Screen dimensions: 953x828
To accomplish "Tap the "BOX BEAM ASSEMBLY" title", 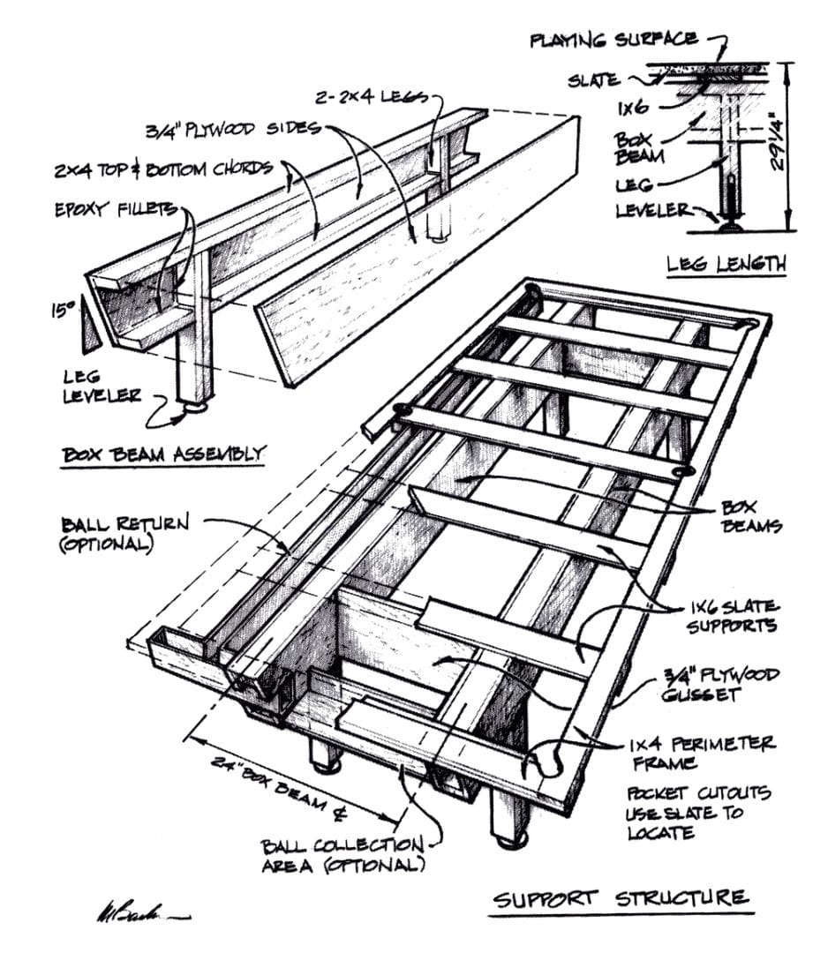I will [x=163, y=455].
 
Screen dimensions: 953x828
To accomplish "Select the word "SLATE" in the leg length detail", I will [x=592, y=80].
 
